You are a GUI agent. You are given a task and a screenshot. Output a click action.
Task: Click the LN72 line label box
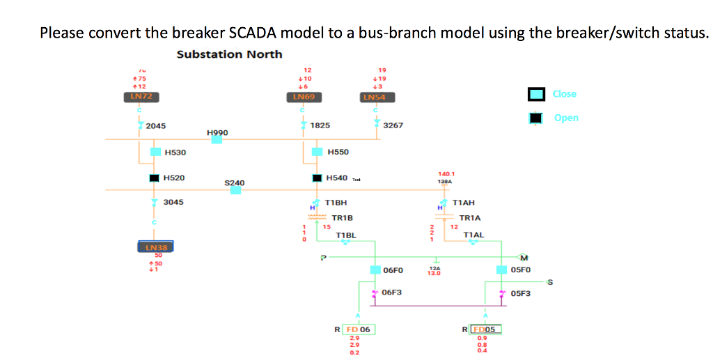point(139,97)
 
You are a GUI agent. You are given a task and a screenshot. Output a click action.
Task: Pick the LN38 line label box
point(155,247)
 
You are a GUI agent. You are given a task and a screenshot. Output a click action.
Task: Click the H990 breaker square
point(217,139)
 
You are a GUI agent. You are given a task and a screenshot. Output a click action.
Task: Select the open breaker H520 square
point(155,178)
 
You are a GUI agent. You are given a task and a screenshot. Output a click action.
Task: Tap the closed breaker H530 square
point(155,152)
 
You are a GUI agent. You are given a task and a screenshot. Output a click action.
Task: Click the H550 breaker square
point(318,152)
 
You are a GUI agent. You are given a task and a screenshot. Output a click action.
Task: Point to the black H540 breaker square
point(318,178)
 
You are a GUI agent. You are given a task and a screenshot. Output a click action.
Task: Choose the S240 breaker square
point(236,190)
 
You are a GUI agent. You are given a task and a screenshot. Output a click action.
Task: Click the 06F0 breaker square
point(375,270)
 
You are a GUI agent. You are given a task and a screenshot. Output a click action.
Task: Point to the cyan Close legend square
point(535,95)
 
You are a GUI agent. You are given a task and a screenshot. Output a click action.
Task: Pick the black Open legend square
point(535,118)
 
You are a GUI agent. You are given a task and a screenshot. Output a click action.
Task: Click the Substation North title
point(230,54)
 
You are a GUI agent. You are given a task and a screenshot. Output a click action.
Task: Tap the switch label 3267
point(393,126)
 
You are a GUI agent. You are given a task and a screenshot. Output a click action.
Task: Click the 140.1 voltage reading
point(446,174)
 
